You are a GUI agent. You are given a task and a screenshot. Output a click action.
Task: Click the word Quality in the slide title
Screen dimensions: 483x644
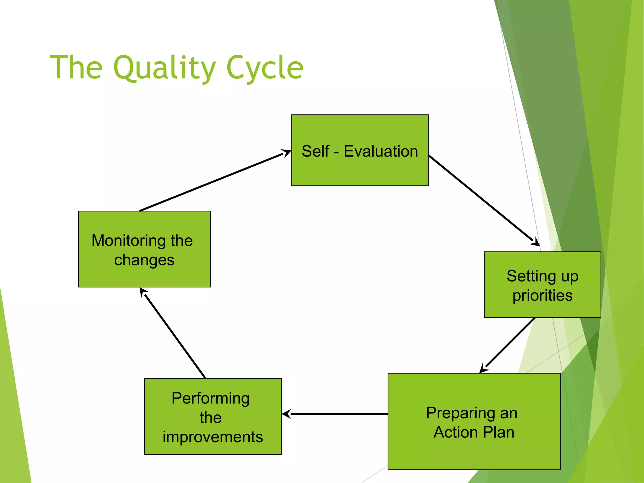(x=164, y=68)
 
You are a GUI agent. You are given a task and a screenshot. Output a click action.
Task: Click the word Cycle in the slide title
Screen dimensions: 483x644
(x=265, y=68)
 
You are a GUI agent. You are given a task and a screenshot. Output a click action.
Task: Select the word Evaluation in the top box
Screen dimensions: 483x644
(x=380, y=151)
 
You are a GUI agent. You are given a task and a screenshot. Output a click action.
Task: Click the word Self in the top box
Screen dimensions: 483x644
(x=315, y=151)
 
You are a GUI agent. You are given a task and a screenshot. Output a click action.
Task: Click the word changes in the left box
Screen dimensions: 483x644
(x=144, y=260)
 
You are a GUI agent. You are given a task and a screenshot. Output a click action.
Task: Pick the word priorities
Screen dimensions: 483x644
(x=542, y=296)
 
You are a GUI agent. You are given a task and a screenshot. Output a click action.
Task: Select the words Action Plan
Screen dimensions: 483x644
(x=474, y=432)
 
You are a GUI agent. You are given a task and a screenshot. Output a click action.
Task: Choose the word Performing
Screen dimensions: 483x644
(x=211, y=398)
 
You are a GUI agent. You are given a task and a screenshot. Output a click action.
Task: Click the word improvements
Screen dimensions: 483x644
(x=213, y=437)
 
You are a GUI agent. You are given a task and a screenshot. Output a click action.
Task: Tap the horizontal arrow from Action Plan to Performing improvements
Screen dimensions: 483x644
(x=336, y=414)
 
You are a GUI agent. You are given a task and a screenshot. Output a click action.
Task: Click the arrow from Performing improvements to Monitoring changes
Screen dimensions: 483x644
(x=174, y=334)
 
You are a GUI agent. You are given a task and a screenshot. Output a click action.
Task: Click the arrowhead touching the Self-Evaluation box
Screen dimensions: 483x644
(x=286, y=153)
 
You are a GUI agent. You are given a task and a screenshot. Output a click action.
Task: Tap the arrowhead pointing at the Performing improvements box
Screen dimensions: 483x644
(x=286, y=414)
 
